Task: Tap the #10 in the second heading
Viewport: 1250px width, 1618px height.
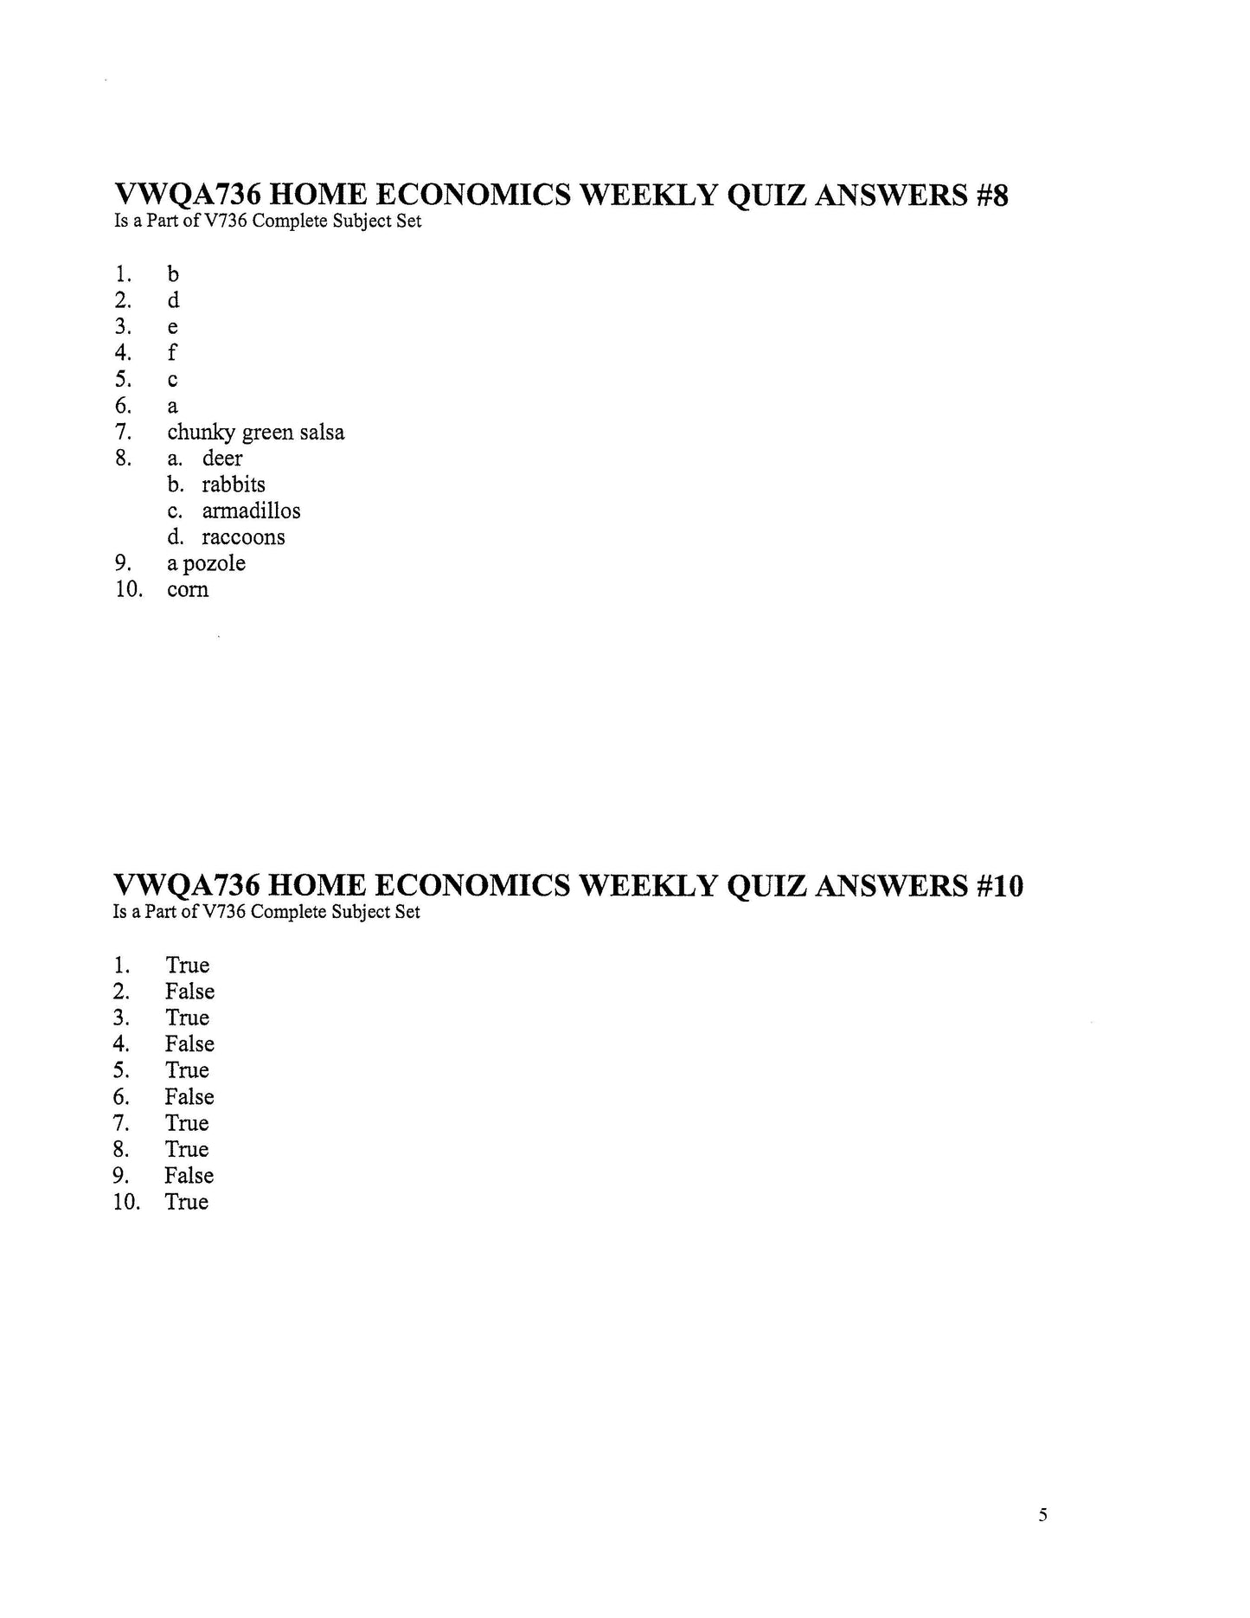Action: (999, 886)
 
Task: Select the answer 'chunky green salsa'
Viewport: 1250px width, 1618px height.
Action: (255, 432)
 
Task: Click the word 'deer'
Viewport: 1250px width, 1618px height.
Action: (222, 458)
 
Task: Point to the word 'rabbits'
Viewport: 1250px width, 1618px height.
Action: (234, 485)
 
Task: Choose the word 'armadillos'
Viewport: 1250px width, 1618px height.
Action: (251, 510)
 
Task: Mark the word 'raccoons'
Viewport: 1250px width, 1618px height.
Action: (243, 537)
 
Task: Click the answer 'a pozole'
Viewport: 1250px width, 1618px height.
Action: (206, 563)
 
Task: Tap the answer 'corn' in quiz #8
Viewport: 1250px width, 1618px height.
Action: (188, 590)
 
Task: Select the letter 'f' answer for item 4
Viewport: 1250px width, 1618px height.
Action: (172, 352)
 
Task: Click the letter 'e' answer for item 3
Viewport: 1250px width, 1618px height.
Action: (172, 327)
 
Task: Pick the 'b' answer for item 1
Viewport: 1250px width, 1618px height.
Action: (173, 274)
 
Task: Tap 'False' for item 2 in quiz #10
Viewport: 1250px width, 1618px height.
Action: (189, 992)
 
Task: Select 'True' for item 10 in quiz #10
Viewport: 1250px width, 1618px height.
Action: (187, 1202)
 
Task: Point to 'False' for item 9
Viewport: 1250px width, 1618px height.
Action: (189, 1176)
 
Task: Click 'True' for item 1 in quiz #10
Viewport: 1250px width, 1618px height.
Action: (188, 966)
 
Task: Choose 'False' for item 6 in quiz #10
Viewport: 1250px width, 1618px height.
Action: (189, 1097)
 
